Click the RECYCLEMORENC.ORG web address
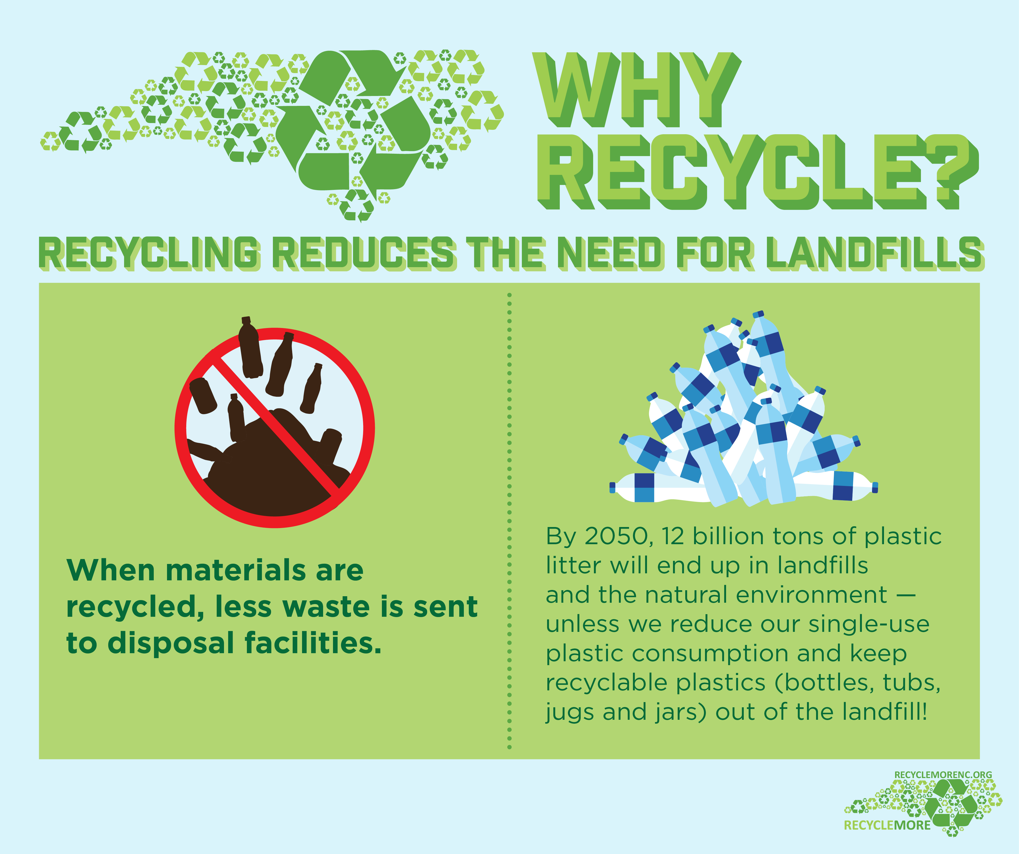point(943,775)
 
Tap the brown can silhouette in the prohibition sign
point(203,395)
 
